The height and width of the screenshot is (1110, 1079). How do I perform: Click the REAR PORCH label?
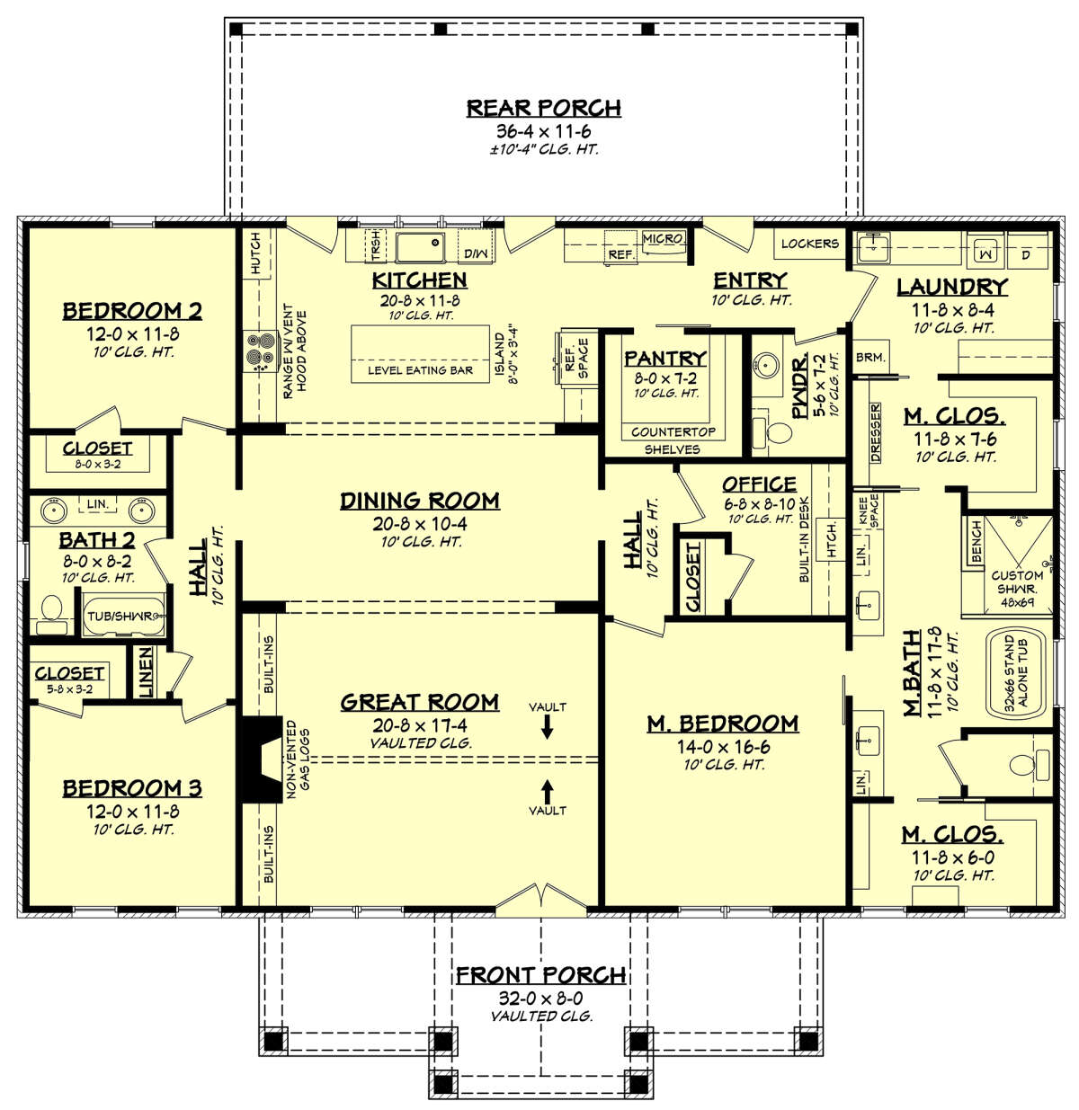tap(543, 108)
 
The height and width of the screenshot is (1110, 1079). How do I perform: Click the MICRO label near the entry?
tap(663, 238)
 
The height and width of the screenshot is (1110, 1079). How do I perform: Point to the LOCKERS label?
tap(809, 244)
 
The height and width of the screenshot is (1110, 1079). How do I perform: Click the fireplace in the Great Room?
tap(256, 758)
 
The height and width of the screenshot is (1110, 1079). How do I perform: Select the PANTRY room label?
tap(664, 358)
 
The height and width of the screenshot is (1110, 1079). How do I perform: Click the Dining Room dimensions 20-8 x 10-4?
tap(420, 523)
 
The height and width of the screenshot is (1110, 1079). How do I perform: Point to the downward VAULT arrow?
tap(547, 728)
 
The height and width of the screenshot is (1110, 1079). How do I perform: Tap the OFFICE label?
tap(759, 484)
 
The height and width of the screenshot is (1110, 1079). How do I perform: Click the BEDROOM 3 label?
tap(132, 788)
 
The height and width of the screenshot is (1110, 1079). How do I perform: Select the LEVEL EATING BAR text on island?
tap(420, 370)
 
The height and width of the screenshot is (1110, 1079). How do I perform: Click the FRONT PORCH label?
tap(540, 975)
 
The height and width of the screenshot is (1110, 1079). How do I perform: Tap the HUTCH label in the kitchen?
tap(255, 253)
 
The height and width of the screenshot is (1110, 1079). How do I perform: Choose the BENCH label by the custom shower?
tap(976, 542)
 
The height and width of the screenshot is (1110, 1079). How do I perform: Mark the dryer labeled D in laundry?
tap(1026, 254)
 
